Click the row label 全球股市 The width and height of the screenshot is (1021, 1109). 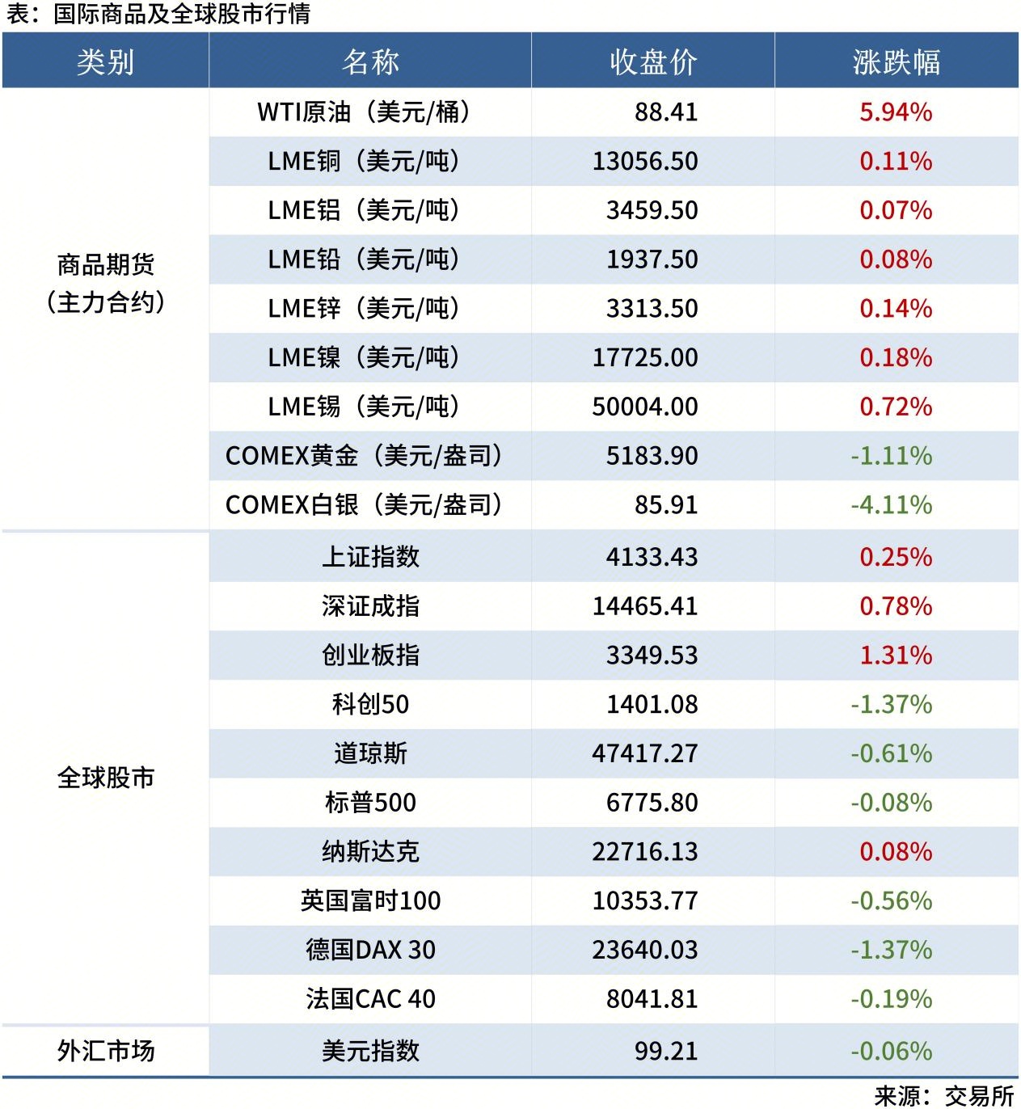tap(105, 778)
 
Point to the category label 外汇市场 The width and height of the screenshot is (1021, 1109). tap(105, 1051)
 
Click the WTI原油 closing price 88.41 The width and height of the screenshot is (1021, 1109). tap(665, 112)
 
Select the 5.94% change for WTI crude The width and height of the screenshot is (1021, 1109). tap(896, 112)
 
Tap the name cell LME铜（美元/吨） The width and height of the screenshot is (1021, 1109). tap(364, 161)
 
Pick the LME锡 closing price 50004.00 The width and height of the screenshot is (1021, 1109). tap(645, 407)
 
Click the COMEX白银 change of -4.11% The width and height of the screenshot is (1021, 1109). tap(891, 505)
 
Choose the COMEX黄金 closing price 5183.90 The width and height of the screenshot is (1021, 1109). tap(652, 456)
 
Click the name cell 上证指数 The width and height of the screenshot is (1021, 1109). tap(370, 557)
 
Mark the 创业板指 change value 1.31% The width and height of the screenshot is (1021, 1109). tap(896, 655)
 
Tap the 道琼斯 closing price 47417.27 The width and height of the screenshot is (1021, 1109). tap(645, 753)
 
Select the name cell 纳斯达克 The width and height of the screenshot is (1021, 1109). tap(370, 851)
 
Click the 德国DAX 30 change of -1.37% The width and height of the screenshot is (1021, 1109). tap(891, 950)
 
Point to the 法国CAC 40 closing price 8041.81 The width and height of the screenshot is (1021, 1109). tap(652, 999)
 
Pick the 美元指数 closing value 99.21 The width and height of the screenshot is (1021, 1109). tap(665, 1051)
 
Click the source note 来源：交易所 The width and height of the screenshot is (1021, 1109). tap(943, 1095)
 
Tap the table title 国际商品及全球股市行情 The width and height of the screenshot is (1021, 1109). tap(181, 14)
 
